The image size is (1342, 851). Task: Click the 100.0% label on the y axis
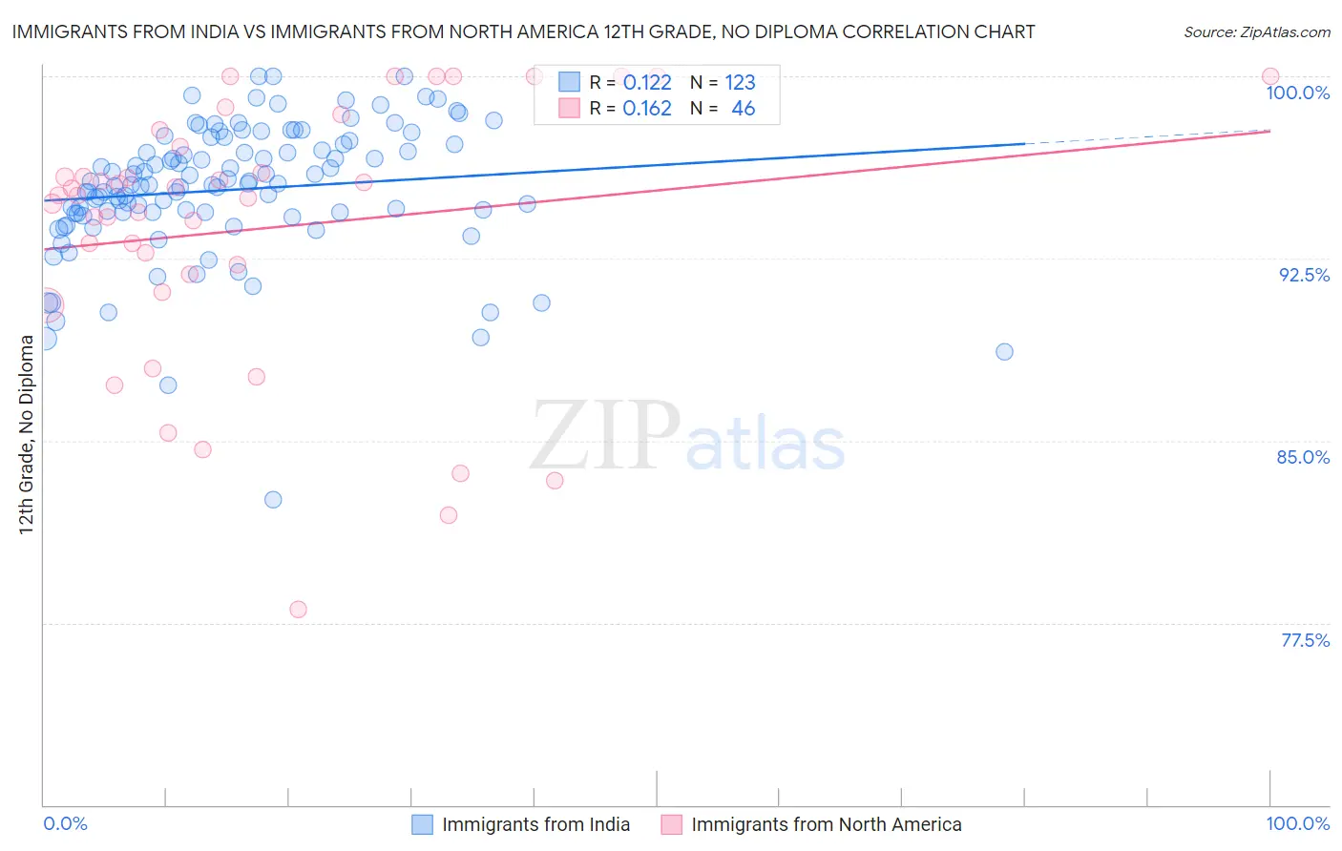click(1297, 93)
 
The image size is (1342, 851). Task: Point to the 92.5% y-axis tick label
click(1304, 275)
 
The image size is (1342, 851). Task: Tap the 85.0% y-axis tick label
click(1303, 457)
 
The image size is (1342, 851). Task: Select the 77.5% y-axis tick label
click(1305, 640)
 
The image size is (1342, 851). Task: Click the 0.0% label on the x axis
click(66, 823)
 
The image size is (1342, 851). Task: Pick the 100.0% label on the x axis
click(1297, 823)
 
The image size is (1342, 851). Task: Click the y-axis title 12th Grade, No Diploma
click(27, 434)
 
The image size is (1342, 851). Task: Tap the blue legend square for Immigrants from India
click(423, 824)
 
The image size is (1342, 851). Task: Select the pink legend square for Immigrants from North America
click(672, 824)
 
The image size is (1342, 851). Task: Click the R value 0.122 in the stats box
click(647, 83)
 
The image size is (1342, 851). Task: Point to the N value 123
click(740, 83)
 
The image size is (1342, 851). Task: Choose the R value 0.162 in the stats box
click(647, 109)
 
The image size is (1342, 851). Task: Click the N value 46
click(743, 109)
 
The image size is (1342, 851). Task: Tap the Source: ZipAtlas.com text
click(1256, 32)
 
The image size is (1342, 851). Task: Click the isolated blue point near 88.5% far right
click(1004, 352)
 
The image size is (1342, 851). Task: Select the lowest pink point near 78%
click(298, 610)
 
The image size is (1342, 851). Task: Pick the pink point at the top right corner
click(1270, 76)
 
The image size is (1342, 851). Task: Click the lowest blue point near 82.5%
click(273, 500)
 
